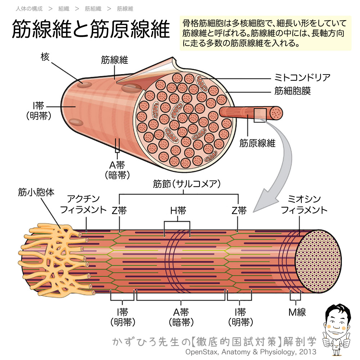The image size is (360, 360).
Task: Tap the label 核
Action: click(x=45, y=57)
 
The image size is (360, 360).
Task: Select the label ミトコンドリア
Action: click(x=297, y=78)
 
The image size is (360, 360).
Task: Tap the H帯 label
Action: click(x=178, y=211)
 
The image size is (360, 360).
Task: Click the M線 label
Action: click(x=297, y=312)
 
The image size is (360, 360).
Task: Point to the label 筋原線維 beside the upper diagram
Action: click(x=257, y=143)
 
